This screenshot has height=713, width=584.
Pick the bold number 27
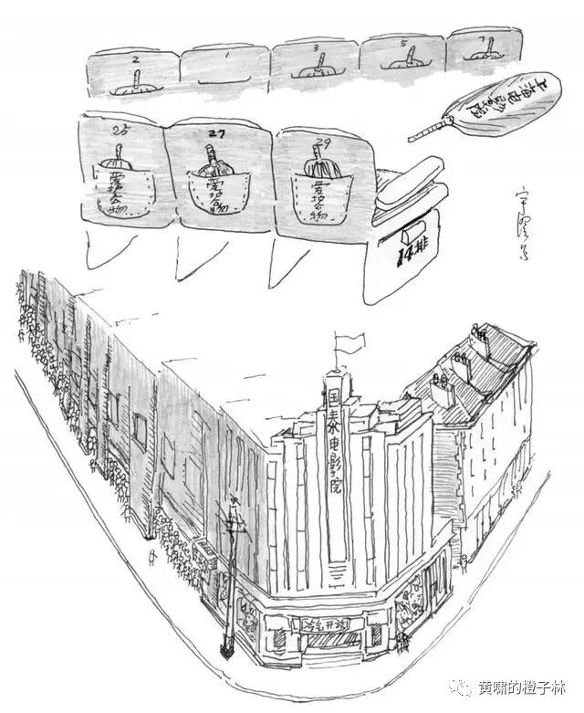point(216,133)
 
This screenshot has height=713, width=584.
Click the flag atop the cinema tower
point(349,343)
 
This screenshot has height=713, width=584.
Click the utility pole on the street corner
point(231,584)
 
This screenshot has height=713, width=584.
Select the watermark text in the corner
point(519,686)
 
